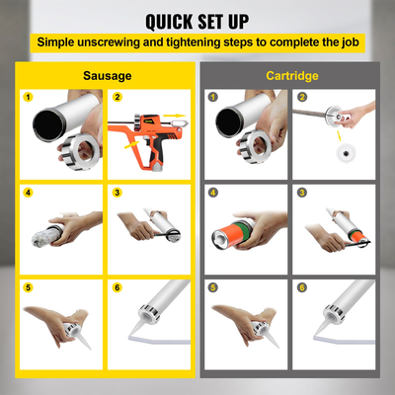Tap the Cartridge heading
293,74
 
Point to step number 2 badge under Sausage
117,98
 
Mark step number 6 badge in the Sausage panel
117,287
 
